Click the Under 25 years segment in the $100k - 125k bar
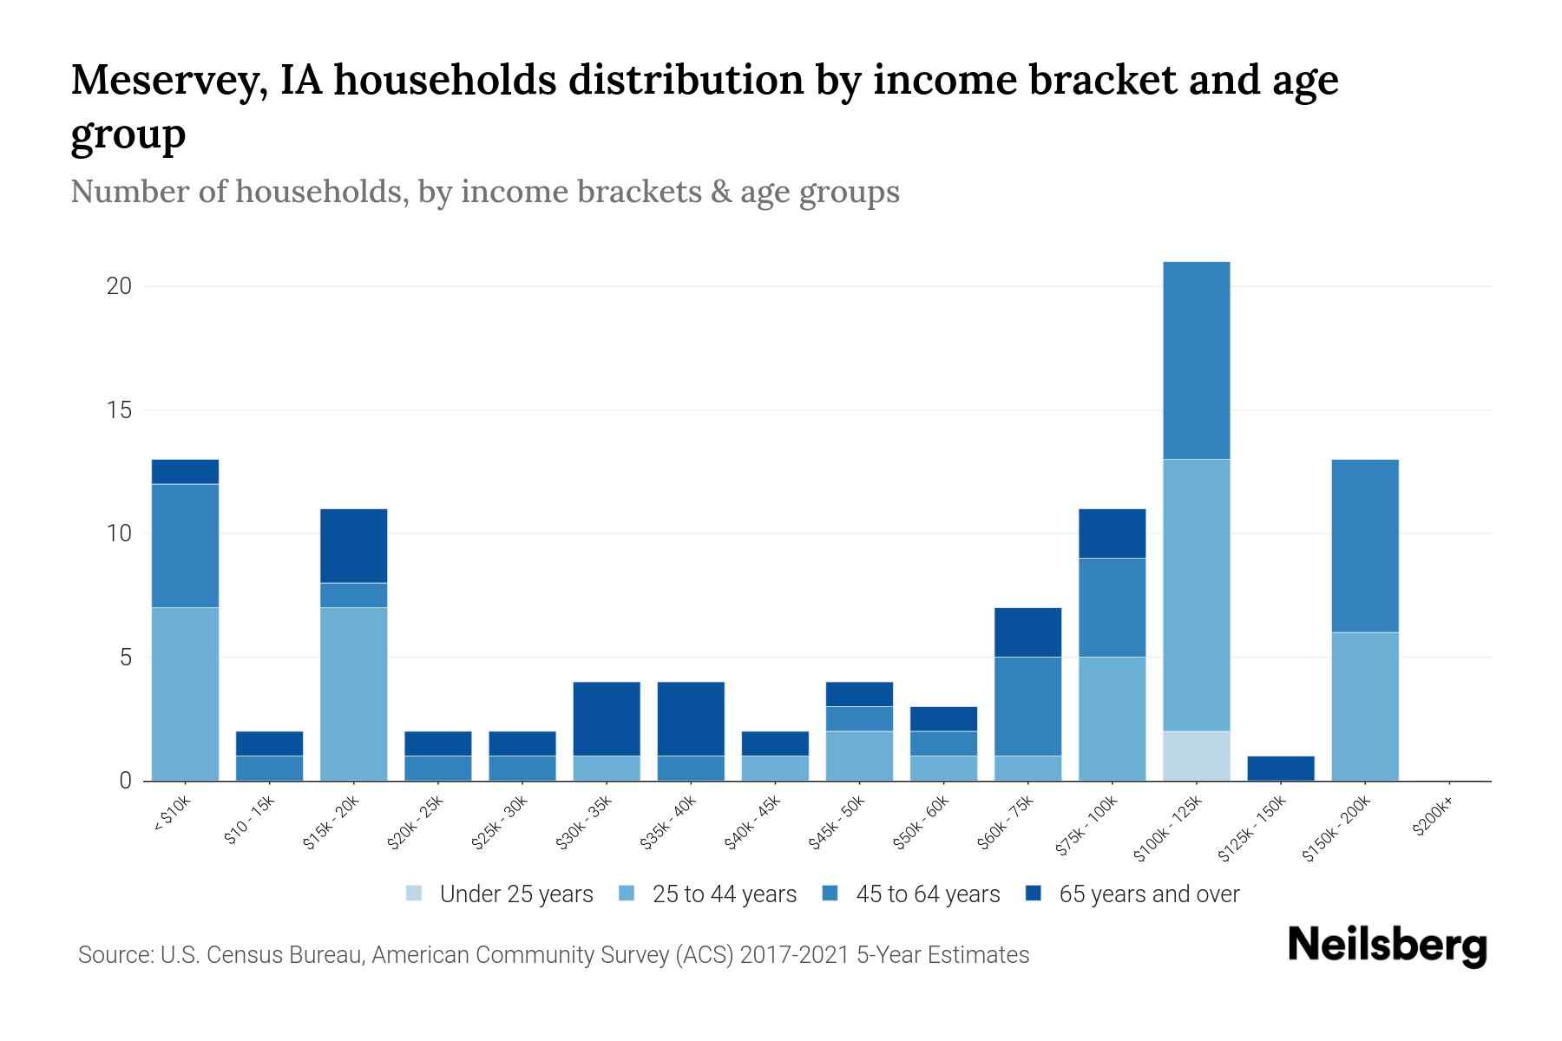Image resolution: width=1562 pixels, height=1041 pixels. click(x=1196, y=756)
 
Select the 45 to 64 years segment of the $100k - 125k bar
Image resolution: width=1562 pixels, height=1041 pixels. click(x=1196, y=360)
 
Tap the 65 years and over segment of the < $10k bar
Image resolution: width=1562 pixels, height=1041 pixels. click(x=185, y=472)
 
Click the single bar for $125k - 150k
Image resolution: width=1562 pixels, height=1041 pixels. click(x=1280, y=769)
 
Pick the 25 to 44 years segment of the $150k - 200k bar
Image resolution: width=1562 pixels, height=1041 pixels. click(x=1364, y=706)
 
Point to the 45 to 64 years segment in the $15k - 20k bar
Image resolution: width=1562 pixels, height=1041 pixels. click(x=353, y=595)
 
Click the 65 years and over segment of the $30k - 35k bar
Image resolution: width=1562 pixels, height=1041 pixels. click(x=607, y=718)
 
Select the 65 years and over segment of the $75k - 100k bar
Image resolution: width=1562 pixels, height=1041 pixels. click(x=1112, y=534)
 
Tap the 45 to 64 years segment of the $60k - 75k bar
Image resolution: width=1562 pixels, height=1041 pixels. click(x=1027, y=706)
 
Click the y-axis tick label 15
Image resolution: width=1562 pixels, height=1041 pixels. click(x=119, y=410)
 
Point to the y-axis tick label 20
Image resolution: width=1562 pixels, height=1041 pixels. click(x=119, y=286)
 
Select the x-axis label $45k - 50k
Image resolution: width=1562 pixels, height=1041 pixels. click(x=837, y=825)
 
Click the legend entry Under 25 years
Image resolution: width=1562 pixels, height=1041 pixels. click(x=515, y=894)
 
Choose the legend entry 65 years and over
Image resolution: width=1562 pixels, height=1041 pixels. click(x=1148, y=894)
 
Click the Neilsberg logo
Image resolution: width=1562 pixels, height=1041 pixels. click(x=1387, y=946)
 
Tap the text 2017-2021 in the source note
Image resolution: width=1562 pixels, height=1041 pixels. click(x=794, y=955)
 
